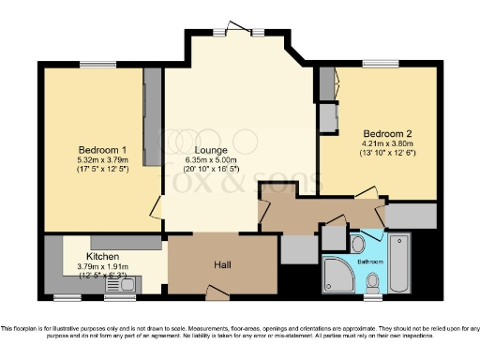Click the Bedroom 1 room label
click(x=102, y=150)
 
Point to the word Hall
click(x=223, y=265)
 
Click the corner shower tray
click(x=338, y=276)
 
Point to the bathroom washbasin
click(x=358, y=244)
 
